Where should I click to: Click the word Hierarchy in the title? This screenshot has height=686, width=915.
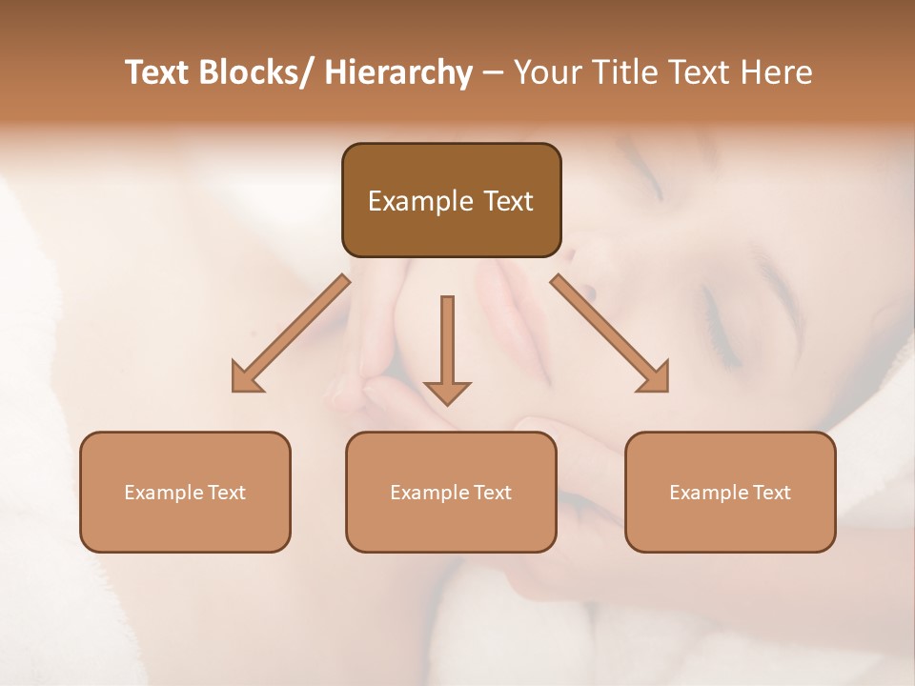pyautogui.click(x=398, y=72)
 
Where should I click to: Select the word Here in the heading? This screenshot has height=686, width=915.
pyautogui.click(x=775, y=72)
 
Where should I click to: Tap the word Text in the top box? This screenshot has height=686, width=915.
pyautogui.click(x=508, y=201)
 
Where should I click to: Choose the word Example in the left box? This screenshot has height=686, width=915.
pyautogui.click(x=158, y=493)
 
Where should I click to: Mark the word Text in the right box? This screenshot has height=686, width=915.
pyautogui.click(x=771, y=493)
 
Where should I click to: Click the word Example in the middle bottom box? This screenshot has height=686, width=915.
pyautogui.click(x=424, y=493)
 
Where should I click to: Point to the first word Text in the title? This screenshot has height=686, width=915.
pyautogui.click(x=157, y=72)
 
